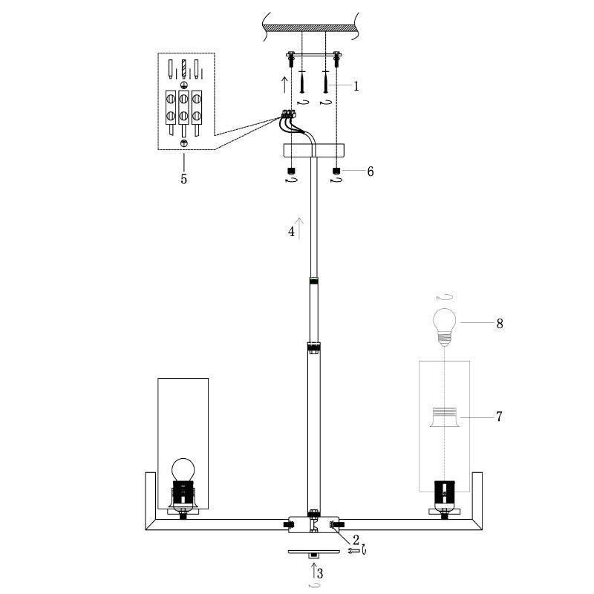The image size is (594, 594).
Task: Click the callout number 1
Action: pyautogui.click(x=356, y=86)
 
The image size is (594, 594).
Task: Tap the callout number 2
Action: pyautogui.click(x=356, y=540)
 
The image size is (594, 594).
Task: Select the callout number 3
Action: pyautogui.click(x=320, y=573)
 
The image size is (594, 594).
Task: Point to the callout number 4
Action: pyautogui.click(x=291, y=232)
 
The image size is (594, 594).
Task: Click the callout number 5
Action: pyautogui.click(x=183, y=179)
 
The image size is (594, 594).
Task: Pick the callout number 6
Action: pyautogui.click(x=370, y=172)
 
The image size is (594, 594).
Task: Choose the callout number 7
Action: pyautogui.click(x=499, y=417)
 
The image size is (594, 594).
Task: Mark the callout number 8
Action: pyautogui.click(x=500, y=324)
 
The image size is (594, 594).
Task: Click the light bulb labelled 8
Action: pyautogui.click(x=444, y=327)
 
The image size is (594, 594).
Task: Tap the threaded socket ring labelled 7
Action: pyautogui.click(x=444, y=417)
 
